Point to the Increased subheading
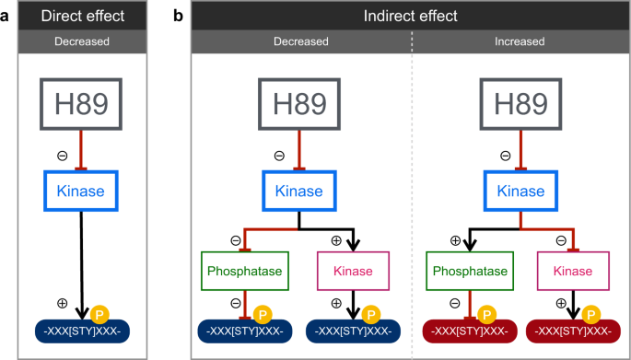[520, 42]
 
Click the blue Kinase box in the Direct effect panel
[84, 192]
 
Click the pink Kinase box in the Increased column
[573, 273]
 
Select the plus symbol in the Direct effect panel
[63, 303]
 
